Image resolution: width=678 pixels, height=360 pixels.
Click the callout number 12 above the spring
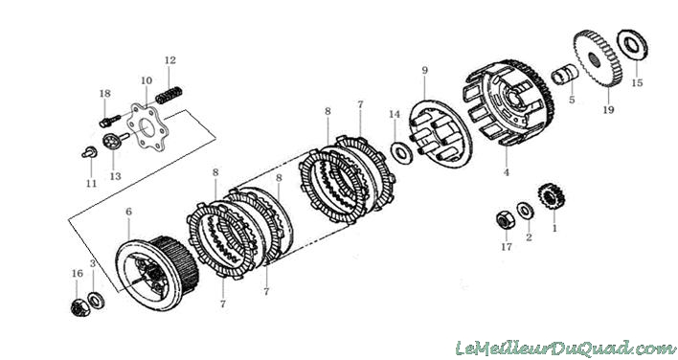pos(170,60)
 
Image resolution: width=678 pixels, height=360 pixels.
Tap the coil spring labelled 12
pos(169,96)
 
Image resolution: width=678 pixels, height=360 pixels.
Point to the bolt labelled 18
pos(110,121)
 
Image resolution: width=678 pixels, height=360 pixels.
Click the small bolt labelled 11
pos(89,152)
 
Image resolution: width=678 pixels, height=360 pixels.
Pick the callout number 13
pos(116,176)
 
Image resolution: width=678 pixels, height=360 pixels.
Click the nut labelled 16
pos(80,307)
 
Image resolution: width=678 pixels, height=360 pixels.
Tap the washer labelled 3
pos(96,301)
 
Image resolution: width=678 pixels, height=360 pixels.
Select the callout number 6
pos(129,212)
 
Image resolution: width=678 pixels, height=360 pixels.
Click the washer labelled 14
pos(401,152)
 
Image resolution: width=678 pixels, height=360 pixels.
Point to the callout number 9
pos(424,71)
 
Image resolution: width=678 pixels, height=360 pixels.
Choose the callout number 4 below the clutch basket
pos(507,172)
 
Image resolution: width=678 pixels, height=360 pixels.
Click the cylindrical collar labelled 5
pos(565,75)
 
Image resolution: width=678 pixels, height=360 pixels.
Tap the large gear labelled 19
pos(598,58)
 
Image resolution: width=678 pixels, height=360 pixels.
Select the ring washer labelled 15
pos(632,45)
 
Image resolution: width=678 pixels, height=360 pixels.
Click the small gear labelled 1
pos(552,196)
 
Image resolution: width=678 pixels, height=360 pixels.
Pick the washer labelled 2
pos(526,211)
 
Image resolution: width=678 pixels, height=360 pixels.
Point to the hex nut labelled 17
pos(505,220)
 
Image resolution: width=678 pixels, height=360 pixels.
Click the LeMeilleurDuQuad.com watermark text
pos(565,349)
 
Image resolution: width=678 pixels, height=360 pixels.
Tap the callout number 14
pos(395,115)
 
